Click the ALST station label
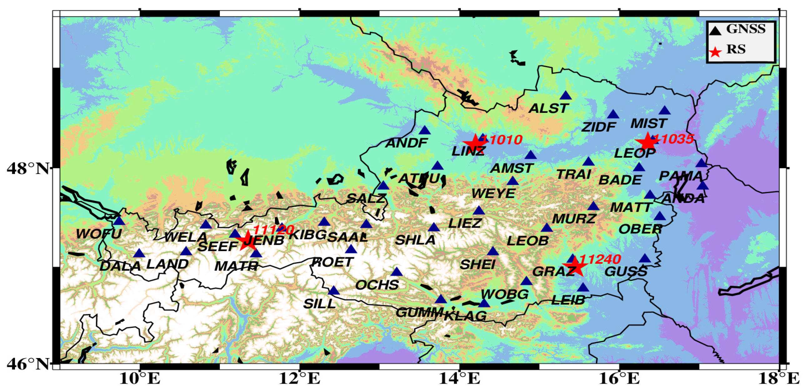click(548, 109)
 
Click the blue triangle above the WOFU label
click(119, 221)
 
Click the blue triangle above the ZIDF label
click(613, 114)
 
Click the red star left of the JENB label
click(247, 241)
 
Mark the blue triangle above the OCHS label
click(397, 272)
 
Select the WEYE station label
click(493, 194)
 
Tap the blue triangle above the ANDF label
click(425, 130)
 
